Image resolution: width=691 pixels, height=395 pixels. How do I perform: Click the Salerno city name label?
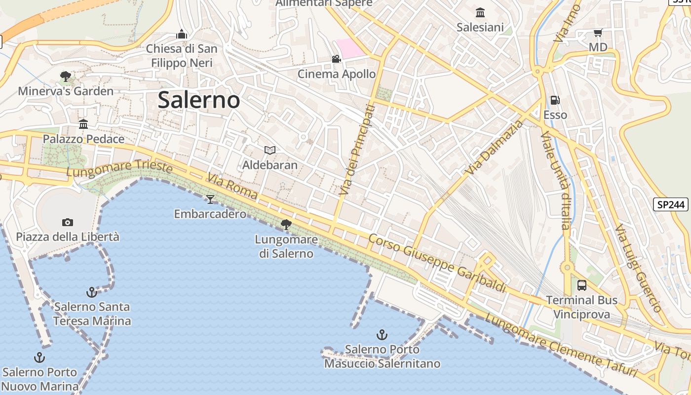tap(199, 100)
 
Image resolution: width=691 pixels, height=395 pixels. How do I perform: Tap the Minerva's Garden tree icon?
tap(65, 77)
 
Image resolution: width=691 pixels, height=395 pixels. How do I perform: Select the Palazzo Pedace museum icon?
tap(83, 124)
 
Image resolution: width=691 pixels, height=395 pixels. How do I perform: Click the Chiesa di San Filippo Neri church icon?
tap(182, 34)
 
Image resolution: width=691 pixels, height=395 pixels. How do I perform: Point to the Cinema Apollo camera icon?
tap(336, 59)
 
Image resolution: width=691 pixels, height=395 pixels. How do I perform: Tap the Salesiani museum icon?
tap(480, 12)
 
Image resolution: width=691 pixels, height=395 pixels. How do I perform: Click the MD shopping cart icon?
tap(598, 33)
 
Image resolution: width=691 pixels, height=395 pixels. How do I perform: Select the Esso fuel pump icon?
tap(555, 100)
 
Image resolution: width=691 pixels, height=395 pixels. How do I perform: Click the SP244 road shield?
tap(671, 204)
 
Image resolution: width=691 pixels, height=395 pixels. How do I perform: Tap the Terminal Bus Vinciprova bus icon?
tap(582, 285)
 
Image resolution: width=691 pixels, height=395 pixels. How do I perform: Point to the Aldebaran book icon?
tap(269, 150)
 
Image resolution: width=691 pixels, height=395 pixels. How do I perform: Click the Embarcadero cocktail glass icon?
tap(210, 199)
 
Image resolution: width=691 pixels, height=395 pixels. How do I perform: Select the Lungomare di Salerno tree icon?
tap(285, 225)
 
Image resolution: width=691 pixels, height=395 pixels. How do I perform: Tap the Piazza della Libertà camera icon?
tap(68, 222)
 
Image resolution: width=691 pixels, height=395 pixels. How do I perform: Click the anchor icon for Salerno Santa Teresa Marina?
tap(92, 292)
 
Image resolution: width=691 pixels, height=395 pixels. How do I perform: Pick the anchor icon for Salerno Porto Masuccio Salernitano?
tap(382, 335)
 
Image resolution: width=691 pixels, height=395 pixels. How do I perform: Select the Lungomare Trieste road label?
tap(119, 170)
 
